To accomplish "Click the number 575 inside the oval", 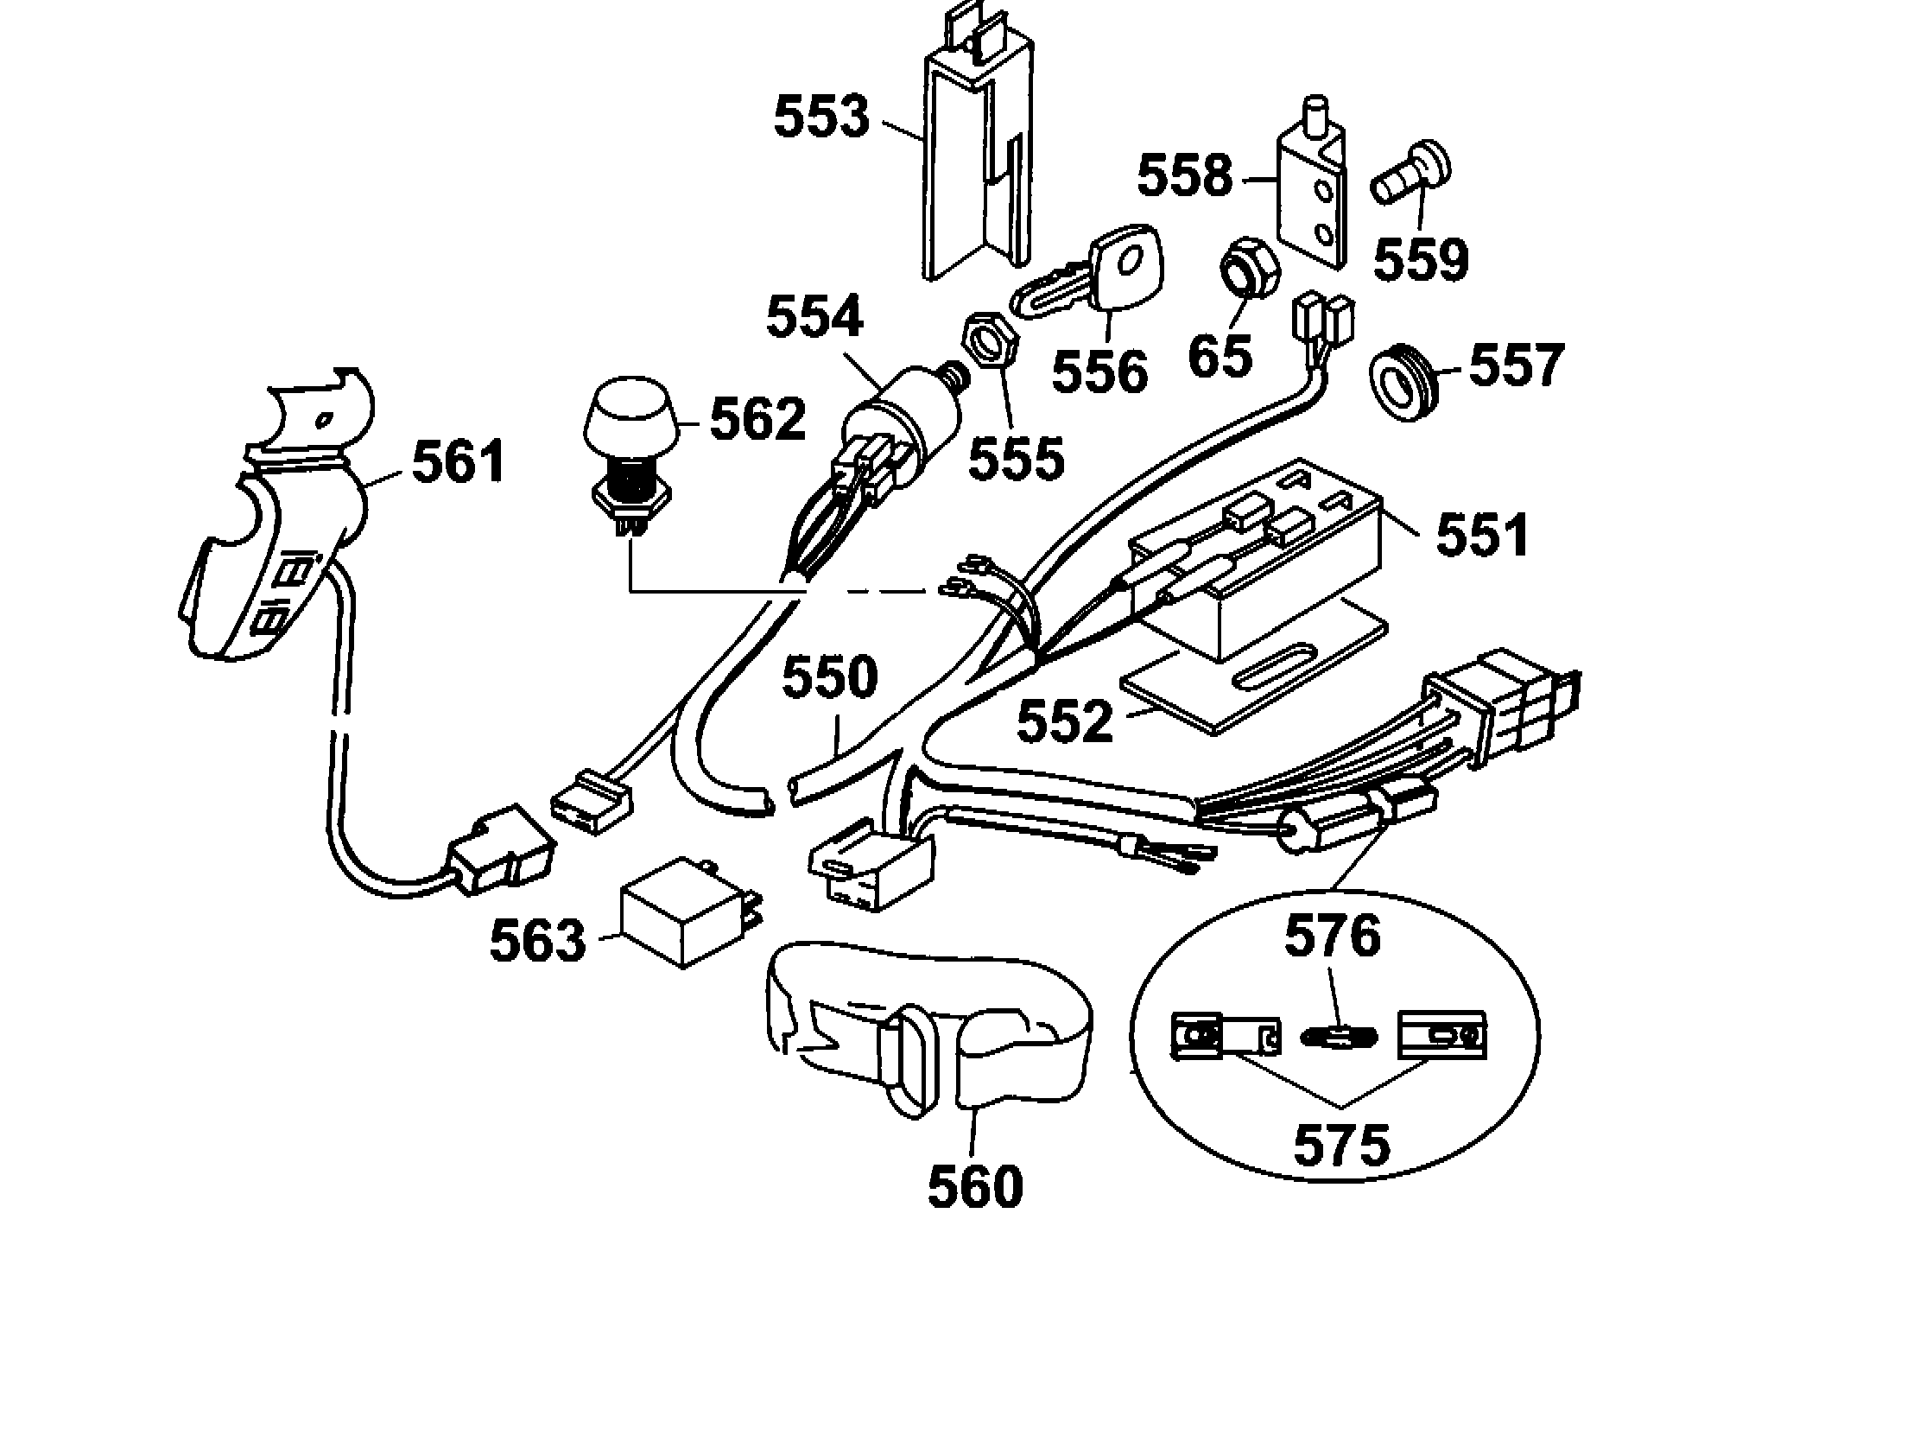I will click(1341, 1145).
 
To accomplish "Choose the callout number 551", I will click(1482, 536).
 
